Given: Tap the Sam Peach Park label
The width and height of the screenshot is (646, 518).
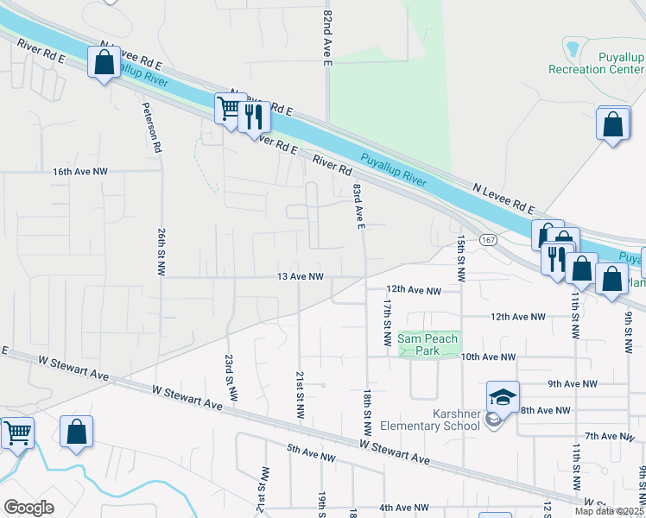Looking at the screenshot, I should [427, 344].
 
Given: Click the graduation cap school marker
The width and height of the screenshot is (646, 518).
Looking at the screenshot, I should [503, 397].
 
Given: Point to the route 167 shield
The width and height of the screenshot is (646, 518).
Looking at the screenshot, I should [490, 240].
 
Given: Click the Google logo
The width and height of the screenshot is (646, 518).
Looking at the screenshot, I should [28, 507].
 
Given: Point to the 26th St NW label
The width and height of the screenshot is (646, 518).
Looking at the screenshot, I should [161, 252].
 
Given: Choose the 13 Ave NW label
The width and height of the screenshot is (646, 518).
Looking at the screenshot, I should [300, 277].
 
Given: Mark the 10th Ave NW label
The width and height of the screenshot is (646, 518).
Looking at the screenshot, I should [487, 357].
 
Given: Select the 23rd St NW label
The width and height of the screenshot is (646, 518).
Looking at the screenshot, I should [230, 376].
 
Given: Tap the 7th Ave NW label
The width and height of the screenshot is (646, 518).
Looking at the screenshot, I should [610, 437].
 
